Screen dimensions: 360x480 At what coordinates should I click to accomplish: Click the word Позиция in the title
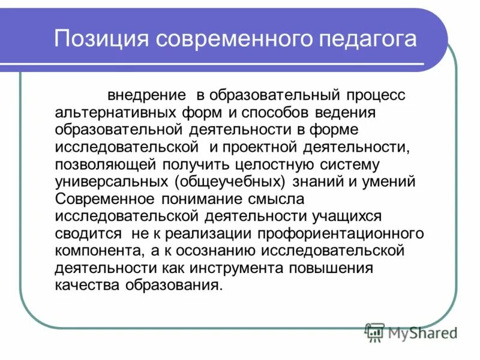100,40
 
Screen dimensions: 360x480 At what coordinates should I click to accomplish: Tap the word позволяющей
106,164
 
